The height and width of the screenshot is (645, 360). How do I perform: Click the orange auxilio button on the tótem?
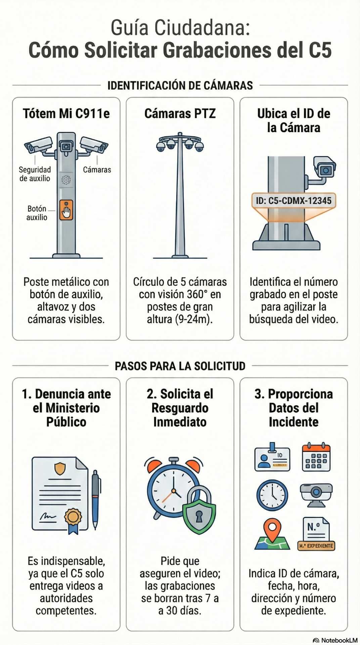66,210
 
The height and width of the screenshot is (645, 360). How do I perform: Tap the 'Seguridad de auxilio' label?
35,174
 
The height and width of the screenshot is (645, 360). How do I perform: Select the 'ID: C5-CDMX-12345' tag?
294,201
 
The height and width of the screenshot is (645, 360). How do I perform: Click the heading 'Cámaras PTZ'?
180,114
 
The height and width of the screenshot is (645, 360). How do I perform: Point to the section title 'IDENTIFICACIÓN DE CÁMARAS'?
180,85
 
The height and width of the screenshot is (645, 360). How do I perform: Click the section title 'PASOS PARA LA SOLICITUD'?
180,366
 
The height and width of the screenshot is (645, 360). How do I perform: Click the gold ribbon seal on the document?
73,519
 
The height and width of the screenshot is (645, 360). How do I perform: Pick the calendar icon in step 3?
316,458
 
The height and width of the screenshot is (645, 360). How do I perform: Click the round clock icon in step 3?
272,495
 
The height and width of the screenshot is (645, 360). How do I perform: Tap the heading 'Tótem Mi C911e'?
66,114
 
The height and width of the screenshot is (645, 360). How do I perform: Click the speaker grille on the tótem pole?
66,180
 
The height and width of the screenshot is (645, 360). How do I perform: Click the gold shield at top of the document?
60,468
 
